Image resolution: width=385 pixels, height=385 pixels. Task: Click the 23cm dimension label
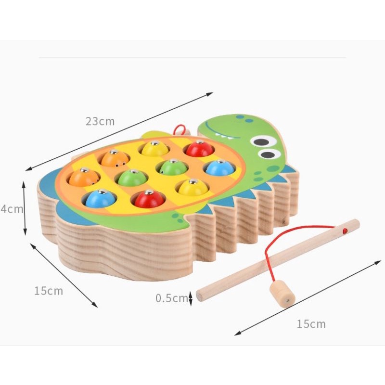pos(101,121)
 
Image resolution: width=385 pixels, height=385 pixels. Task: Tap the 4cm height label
pos(11,209)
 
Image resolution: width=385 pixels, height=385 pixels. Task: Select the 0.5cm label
pos(171,298)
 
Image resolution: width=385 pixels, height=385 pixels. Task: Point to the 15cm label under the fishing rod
pos(311,324)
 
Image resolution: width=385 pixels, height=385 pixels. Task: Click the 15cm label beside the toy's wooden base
pos(48,291)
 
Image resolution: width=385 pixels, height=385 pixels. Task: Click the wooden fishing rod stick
pos(269,262)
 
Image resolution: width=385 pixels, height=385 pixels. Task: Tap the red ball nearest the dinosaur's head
pos(200,149)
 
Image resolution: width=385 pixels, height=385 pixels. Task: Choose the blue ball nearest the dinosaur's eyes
pos(219,167)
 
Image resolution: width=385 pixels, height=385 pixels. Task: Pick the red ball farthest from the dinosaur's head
pos(148,198)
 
